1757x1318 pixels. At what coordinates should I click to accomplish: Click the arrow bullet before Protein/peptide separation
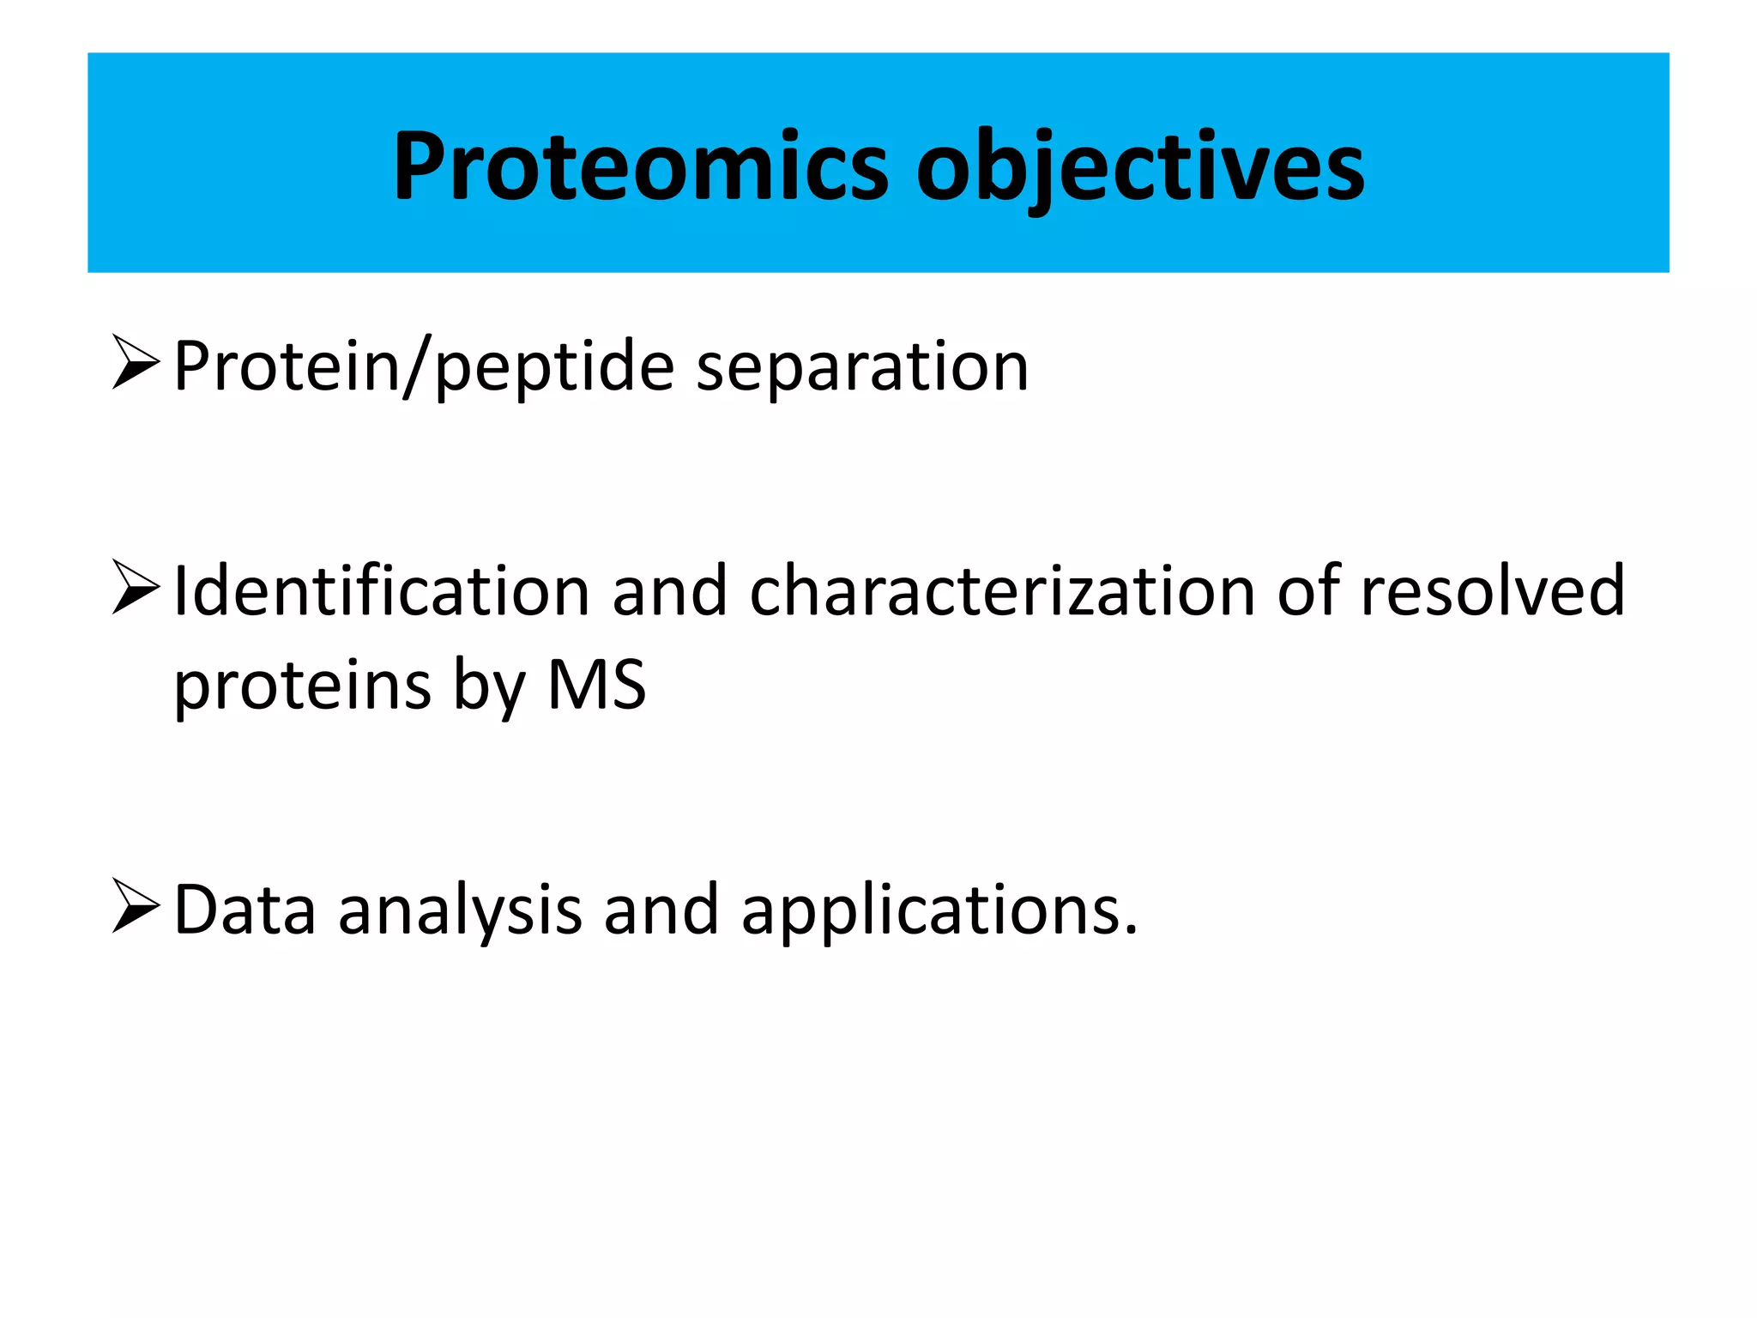point(136,363)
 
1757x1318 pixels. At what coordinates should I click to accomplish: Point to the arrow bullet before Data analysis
point(136,906)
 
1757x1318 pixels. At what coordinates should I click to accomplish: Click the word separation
point(861,367)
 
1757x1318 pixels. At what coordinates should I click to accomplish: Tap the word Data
point(245,910)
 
